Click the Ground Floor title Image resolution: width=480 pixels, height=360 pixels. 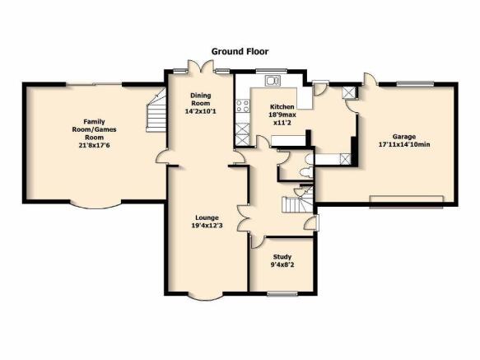click(240, 51)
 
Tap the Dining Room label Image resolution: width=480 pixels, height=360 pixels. click(201, 100)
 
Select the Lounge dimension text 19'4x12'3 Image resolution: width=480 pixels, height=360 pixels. click(207, 226)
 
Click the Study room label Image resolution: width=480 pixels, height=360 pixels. click(282, 257)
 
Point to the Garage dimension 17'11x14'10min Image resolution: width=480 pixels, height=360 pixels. click(404, 145)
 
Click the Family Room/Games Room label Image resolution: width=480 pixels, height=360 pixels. click(95, 129)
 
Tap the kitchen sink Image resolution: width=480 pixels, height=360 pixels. click(273, 81)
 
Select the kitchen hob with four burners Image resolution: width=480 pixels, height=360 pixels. click(242, 105)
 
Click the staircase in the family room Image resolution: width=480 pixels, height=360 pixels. click(156, 110)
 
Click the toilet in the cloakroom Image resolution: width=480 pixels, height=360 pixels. click(306, 172)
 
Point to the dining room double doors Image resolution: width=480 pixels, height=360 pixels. click(200, 67)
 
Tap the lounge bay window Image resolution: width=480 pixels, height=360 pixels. click(205, 297)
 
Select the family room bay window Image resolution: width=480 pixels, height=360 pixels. click(96, 205)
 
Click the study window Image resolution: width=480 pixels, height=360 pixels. click(282, 294)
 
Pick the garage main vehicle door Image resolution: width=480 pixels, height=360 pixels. click(406, 202)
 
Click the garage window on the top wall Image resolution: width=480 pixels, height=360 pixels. click(415, 83)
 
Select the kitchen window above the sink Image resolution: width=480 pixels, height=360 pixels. click(271, 71)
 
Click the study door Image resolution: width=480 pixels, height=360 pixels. click(257, 241)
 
